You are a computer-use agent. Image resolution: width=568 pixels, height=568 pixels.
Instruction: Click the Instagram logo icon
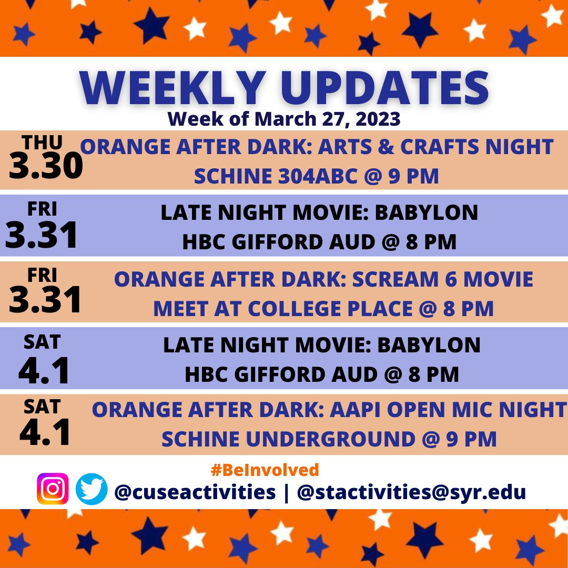coord(53,489)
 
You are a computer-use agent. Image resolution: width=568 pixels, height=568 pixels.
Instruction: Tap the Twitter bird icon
coord(91,489)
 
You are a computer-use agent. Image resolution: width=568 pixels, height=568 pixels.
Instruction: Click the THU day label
coord(42,142)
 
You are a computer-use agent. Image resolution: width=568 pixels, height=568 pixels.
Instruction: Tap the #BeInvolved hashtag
coord(265,469)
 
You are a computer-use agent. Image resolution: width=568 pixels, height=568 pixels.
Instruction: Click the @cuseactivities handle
coord(195,492)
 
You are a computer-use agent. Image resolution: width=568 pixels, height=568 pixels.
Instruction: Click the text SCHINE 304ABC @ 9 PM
coord(316,176)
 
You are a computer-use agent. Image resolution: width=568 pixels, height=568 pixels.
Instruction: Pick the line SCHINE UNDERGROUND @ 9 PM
coord(329,439)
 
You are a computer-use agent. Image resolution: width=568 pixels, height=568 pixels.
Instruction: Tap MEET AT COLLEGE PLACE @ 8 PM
coord(323,309)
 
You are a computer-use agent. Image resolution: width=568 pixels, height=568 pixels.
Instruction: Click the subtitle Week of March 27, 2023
coord(284,119)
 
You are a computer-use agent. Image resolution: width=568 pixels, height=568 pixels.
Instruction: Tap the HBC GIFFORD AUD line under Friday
coord(319,242)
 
